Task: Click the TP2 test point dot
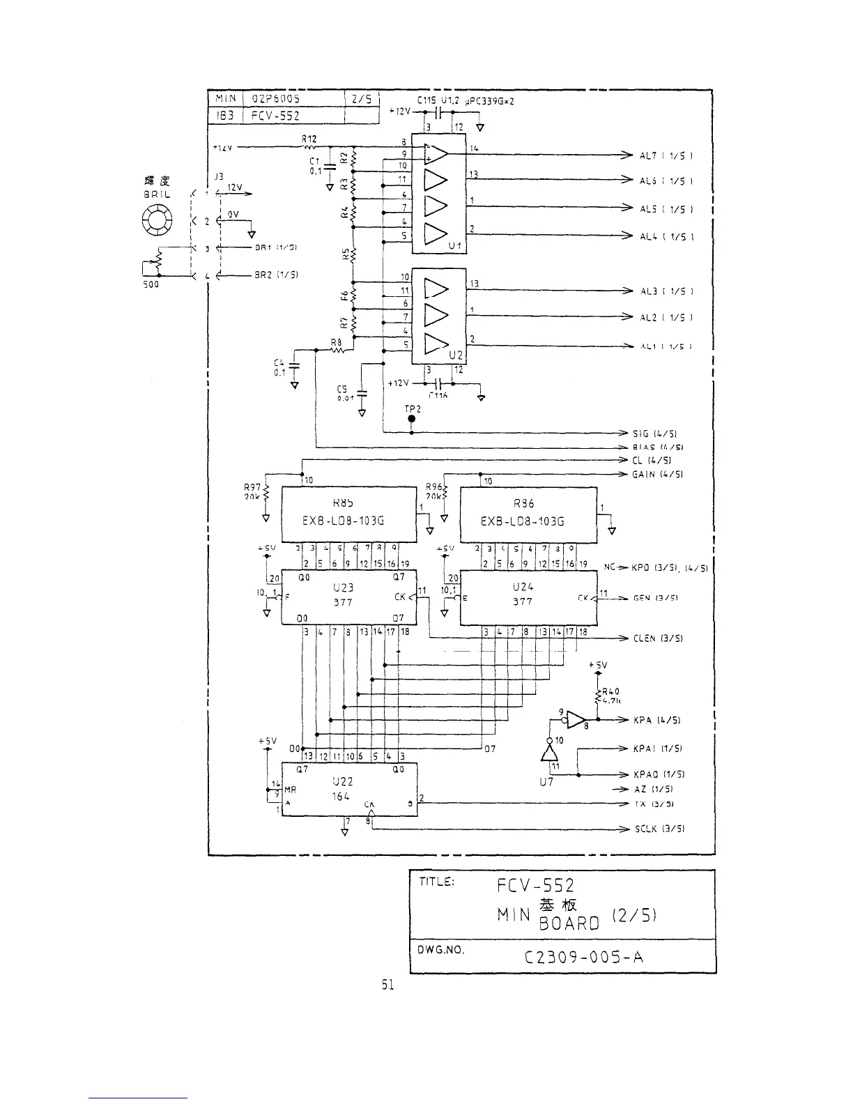tap(411, 419)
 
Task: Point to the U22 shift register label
tap(341, 782)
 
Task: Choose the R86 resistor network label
tap(523, 503)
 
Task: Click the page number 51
tap(388, 986)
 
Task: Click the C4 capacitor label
tap(279, 362)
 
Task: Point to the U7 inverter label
tap(546, 782)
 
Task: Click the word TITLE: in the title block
tap(436, 881)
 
